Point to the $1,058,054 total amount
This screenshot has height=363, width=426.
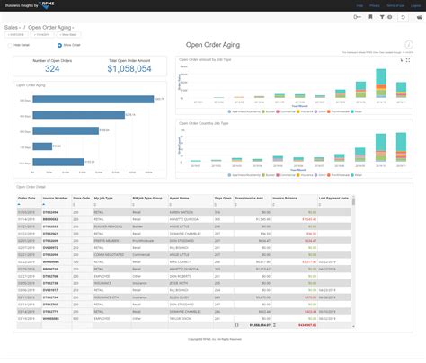click(129, 68)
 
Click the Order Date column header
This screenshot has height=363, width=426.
click(27, 197)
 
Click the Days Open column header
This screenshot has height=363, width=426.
click(224, 197)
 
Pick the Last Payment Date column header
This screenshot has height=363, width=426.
click(333, 197)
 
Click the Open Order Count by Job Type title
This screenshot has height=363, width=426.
click(202, 122)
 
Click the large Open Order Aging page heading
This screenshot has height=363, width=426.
click(214, 43)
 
